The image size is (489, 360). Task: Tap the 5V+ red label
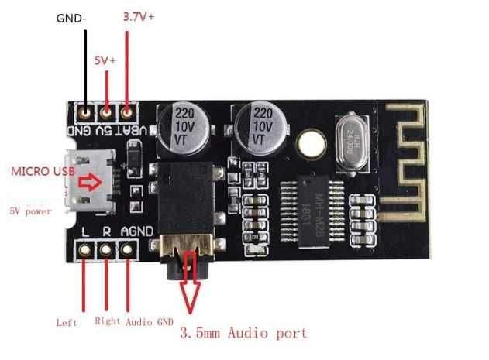105,59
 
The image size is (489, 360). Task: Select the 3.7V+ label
139,16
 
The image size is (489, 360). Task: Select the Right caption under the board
108,320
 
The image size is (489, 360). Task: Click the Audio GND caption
150,321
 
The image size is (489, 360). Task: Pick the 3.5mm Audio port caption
243,334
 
